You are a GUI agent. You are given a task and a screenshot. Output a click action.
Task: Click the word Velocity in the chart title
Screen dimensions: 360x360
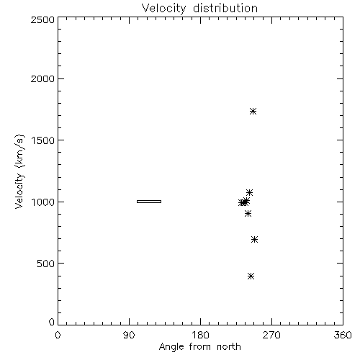pyautogui.click(x=163, y=9)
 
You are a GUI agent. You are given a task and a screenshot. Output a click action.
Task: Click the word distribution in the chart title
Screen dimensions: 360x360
pyautogui.click(x=225, y=8)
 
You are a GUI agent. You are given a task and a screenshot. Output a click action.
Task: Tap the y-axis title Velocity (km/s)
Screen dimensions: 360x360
pyautogui.click(x=19, y=171)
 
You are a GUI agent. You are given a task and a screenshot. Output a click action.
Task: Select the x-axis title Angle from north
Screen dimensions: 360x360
pyautogui.click(x=199, y=347)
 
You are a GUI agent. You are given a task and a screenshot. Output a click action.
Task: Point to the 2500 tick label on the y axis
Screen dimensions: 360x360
pyautogui.click(x=42, y=19)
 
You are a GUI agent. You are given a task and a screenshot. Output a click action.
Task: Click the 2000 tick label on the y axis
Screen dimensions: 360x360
pyautogui.click(x=42, y=78)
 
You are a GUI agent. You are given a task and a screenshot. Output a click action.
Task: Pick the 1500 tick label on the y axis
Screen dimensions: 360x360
pyautogui.click(x=42, y=140)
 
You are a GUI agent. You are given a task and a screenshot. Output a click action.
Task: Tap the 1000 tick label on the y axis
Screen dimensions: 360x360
pyautogui.click(x=42, y=202)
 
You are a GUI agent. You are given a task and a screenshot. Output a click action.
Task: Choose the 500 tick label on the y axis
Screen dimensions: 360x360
pyautogui.click(x=46, y=264)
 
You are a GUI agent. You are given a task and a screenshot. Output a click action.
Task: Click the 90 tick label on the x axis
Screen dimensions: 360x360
pyautogui.click(x=129, y=335)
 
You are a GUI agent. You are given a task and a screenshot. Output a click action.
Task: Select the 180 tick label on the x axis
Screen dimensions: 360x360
pyautogui.click(x=200, y=335)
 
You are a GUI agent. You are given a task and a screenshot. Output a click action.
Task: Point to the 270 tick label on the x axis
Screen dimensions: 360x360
pyautogui.click(x=271, y=335)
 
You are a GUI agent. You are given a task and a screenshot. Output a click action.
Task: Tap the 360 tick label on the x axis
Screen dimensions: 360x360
pyautogui.click(x=343, y=335)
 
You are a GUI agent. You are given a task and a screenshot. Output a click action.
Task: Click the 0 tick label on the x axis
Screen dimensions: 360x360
pyautogui.click(x=58, y=335)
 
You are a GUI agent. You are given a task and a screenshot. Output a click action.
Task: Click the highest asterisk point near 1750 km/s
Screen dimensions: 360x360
pyautogui.click(x=253, y=111)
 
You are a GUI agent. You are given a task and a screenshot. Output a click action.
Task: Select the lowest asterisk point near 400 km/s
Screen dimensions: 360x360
pyautogui.click(x=251, y=276)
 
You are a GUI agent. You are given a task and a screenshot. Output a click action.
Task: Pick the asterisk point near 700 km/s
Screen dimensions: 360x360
pyautogui.click(x=254, y=239)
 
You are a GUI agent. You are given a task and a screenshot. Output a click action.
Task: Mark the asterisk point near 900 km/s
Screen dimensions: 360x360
pyautogui.click(x=248, y=213)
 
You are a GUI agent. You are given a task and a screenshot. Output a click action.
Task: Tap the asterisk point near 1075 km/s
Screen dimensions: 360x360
pyautogui.click(x=249, y=192)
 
